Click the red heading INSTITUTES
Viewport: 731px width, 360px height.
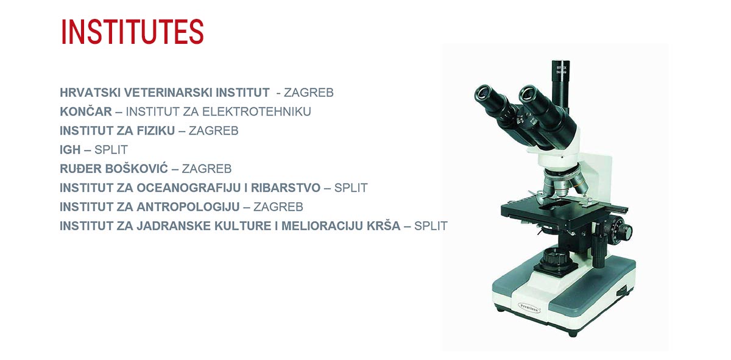pyautogui.click(x=132, y=32)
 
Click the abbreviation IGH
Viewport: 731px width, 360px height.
pyautogui.click(x=70, y=150)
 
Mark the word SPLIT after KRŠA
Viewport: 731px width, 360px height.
pyautogui.click(x=431, y=226)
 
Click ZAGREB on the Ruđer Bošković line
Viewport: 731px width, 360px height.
pyautogui.click(x=207, y=169)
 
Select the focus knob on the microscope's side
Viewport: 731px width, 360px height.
pyautogui.click(x=622, y=231)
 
